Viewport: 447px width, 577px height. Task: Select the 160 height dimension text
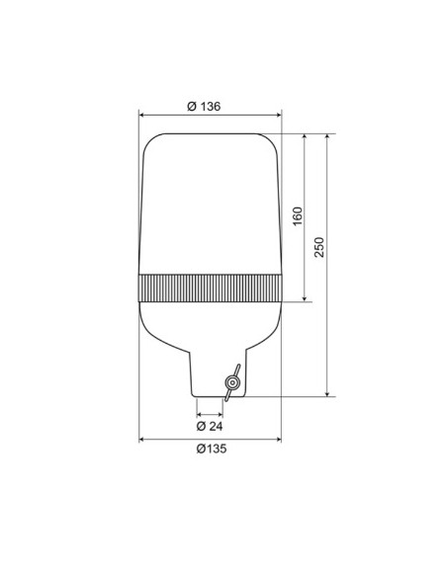point(297,216)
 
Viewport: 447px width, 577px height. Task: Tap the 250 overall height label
point(319,247)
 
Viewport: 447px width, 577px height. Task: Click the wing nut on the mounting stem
point(232,383)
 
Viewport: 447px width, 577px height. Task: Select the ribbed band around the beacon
point(211,288)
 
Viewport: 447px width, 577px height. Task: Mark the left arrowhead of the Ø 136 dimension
point(143,114)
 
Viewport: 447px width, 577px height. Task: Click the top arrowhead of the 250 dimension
point(328,135)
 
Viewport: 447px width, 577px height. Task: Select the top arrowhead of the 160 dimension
point(305,135)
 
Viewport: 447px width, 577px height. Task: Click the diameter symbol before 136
point(191,106)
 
